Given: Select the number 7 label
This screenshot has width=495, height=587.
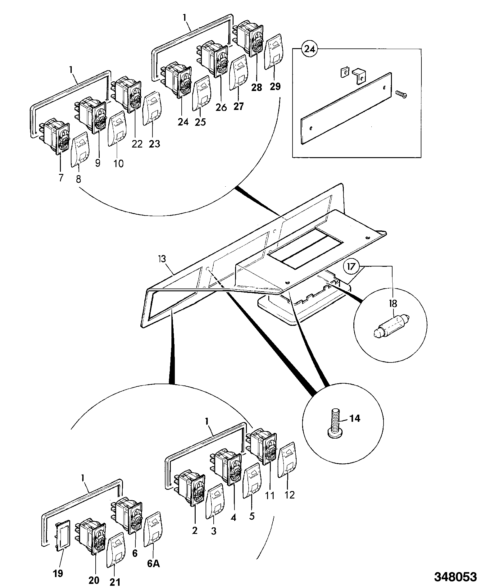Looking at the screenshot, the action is coord(61,178).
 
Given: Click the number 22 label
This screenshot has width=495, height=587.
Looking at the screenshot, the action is coord(137,144).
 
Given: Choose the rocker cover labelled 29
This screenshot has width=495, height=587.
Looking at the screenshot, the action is coord(273,52).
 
